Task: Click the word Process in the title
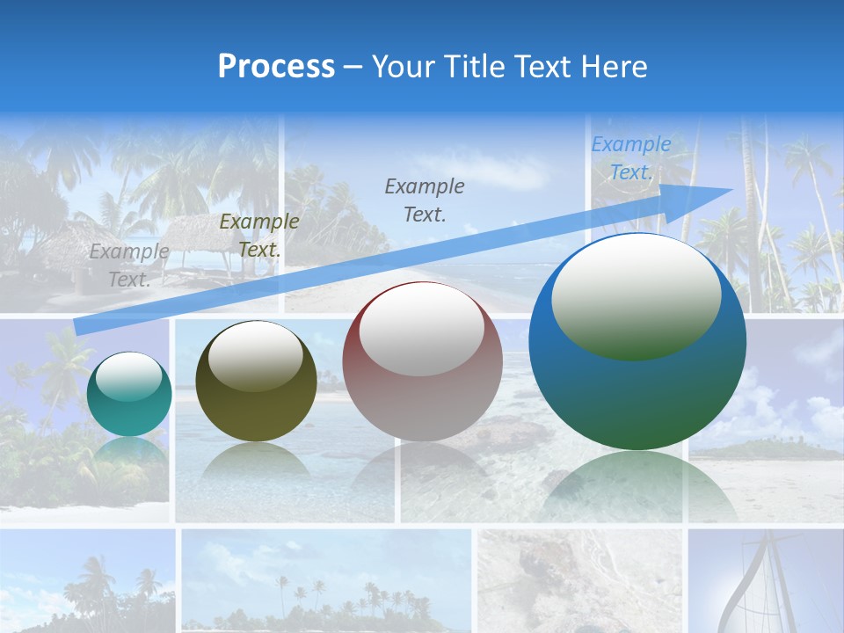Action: tap(276, 67)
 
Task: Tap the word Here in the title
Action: tap(615, 67)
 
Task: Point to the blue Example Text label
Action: tap(631, 158)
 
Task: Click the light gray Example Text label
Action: tap(128, 265)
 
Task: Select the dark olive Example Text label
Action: tap(259, 235)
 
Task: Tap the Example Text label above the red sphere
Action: tap(425, 200)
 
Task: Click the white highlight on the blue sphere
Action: tap(636, 295)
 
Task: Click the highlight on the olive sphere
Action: tap(256, 355)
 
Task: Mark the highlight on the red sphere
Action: tap(422, 328)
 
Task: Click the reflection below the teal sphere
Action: tap(129, 457)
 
